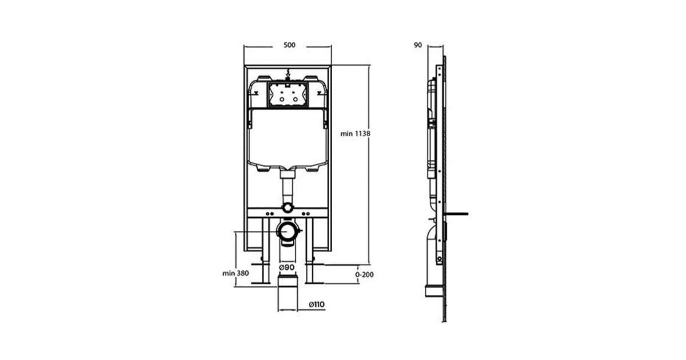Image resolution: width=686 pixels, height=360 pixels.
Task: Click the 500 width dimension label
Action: (289, 45)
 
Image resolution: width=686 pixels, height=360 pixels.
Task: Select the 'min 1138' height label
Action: (355, 134)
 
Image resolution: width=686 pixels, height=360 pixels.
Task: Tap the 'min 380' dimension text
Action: (236, 273)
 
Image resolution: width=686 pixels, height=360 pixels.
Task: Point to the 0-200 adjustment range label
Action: (364, 274)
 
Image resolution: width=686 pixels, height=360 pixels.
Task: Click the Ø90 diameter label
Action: (286, 267)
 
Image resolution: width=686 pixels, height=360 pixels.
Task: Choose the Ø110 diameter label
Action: (317, 304)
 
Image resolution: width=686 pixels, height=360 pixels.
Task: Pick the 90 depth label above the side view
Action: (418, 45)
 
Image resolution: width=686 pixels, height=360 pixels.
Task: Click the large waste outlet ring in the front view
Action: (287, 231)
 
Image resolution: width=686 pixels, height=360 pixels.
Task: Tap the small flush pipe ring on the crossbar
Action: (288, 207)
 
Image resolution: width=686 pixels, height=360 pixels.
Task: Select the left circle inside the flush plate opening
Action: (281, 99)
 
